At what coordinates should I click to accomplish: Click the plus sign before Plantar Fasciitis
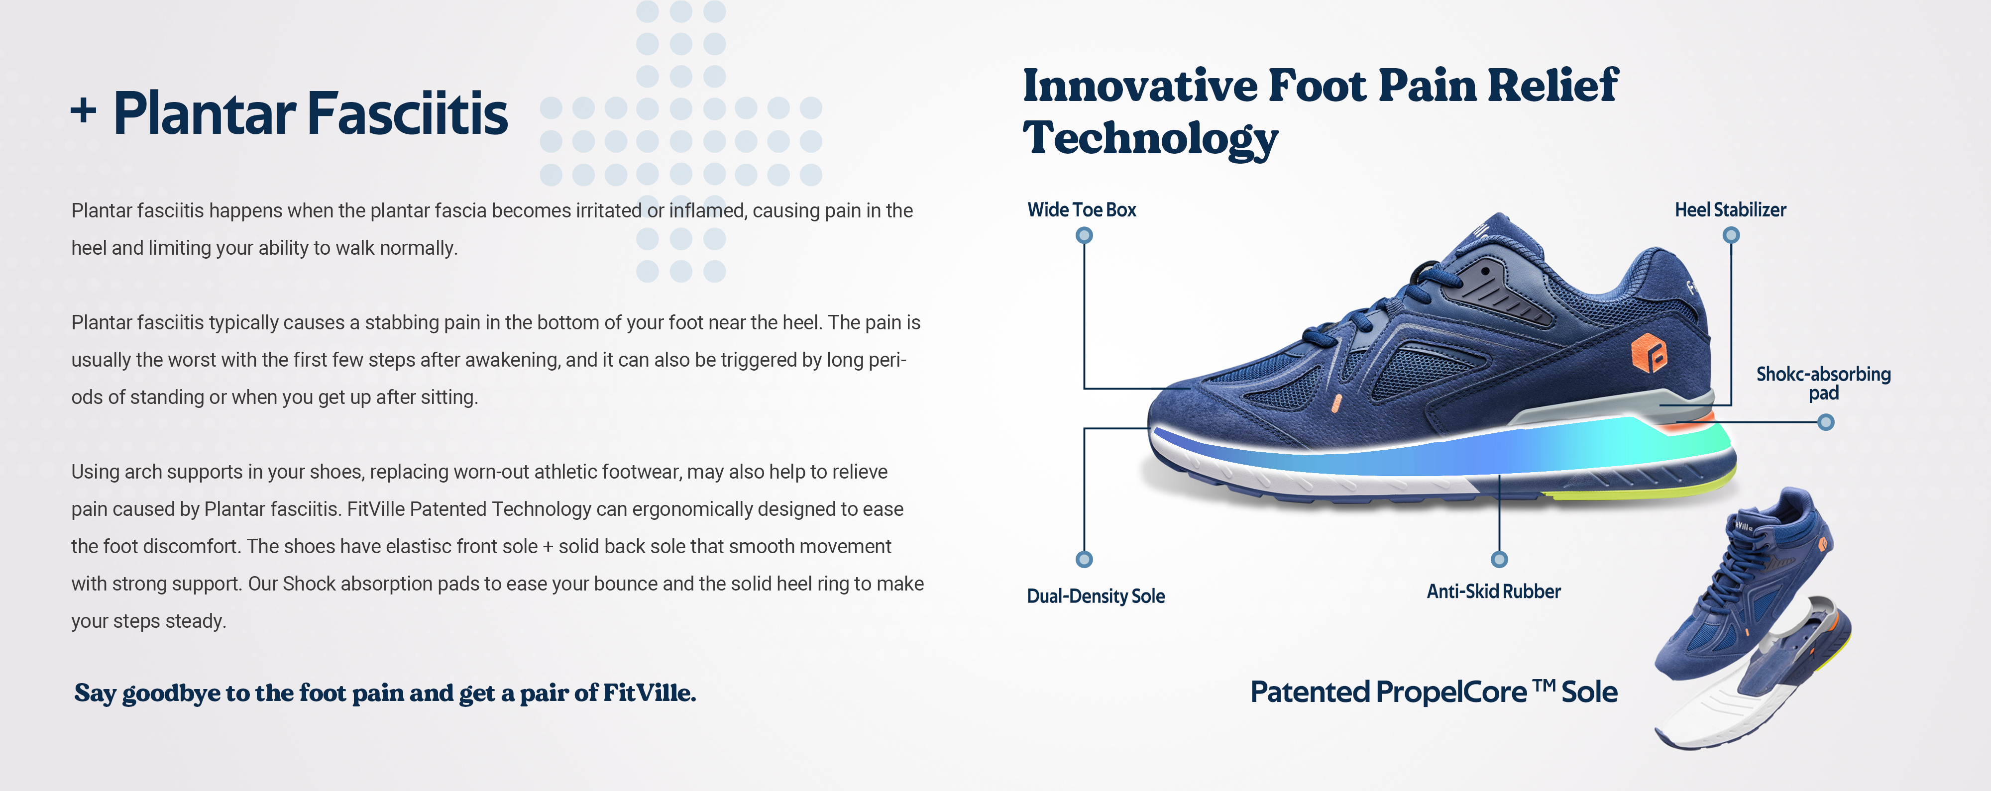84,111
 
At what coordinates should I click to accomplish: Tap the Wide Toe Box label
1081,209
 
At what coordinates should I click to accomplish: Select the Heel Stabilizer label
1730,209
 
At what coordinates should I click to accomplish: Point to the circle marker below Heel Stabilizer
1731,235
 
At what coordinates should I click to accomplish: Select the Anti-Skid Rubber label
1493,591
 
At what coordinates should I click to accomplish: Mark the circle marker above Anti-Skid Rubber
1499,559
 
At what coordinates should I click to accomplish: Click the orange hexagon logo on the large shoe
1648,354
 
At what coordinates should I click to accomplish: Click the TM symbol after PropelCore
1544,685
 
